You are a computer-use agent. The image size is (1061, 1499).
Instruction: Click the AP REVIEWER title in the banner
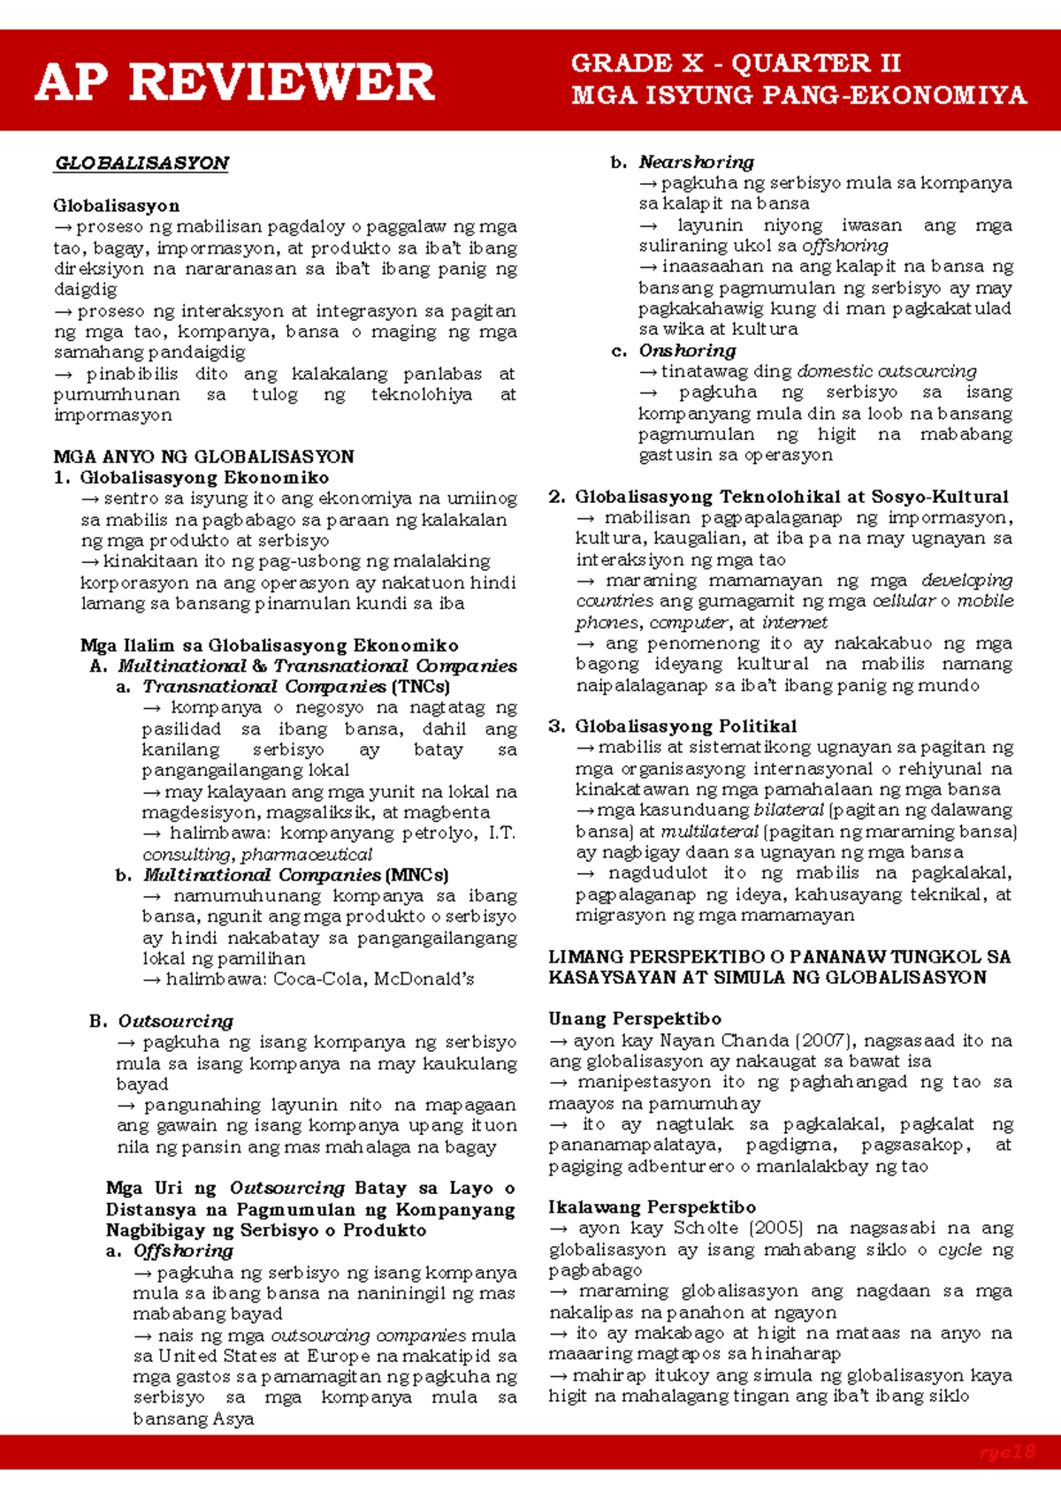[234, 82]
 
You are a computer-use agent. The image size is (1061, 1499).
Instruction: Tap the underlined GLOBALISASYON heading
[141, 164]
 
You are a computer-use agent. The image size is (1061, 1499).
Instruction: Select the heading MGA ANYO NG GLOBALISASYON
[203, 457]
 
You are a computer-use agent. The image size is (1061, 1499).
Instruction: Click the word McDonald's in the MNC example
[424, 979]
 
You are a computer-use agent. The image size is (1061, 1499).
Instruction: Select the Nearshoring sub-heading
[696, 163]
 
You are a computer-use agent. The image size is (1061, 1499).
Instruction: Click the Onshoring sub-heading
[687, 351]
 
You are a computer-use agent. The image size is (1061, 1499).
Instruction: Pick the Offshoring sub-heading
[183, 1252]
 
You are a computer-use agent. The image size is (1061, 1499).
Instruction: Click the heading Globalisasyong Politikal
[685, 727]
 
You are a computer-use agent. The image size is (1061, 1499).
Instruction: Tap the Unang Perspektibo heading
[634, 1019]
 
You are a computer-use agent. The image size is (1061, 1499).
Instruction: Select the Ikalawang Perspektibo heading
[652, 1207]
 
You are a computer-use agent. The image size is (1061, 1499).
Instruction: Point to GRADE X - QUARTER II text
[736, 64]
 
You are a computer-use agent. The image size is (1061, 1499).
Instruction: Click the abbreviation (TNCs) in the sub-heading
[420, 687]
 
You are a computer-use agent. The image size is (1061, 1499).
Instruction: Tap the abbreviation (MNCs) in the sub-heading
[416, 875]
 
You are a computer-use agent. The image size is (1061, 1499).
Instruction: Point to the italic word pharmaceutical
[306, 855]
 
